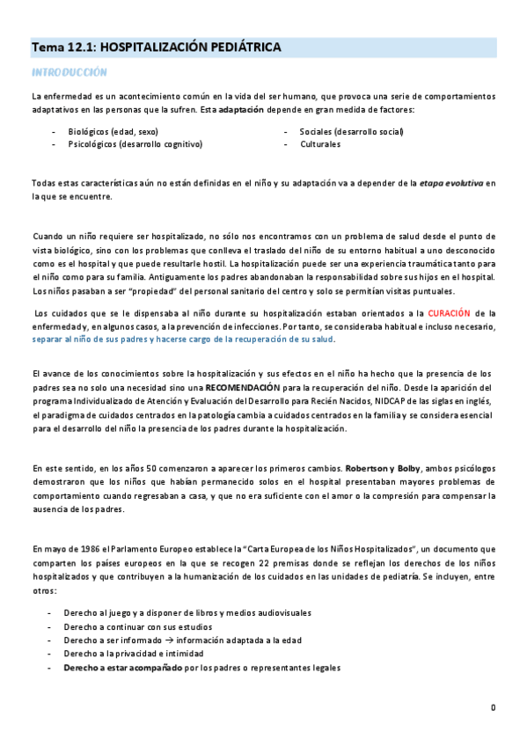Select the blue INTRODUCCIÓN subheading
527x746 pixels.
(x=69, y=72)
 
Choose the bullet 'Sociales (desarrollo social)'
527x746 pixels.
(x=351, y=131)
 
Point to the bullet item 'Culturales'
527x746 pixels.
(x=320, y=143)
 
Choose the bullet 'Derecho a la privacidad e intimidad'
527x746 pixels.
(x=134, y=654)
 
